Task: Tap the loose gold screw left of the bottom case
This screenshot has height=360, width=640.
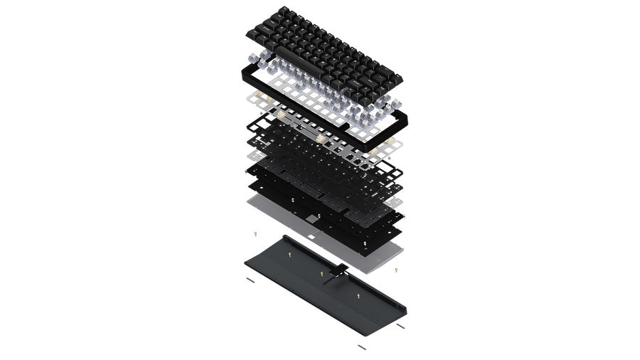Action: [254, 233]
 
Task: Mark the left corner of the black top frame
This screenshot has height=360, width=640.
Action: [244, 68]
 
